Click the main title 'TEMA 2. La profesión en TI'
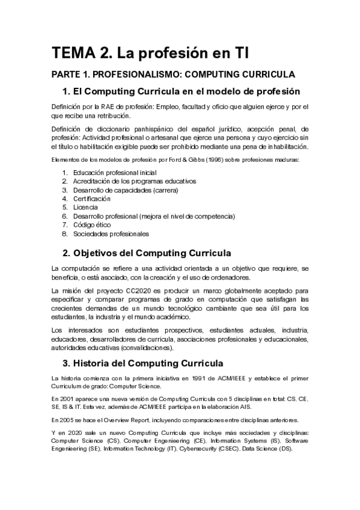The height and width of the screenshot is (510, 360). [150, 53]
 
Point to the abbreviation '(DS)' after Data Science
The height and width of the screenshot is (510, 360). [284, 448]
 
